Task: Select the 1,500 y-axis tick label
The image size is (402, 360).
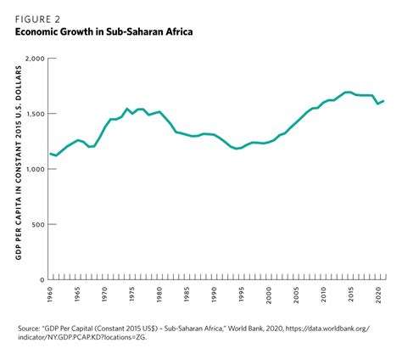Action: pyautogui.click(x=34, y=114)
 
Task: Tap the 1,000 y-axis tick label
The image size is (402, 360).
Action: pyautogui.click(x=34, y=169)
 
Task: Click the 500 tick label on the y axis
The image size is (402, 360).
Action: pyautogui.click(x=37, y=224)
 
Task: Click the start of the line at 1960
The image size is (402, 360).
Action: pyautogui.click(x=50, y=154)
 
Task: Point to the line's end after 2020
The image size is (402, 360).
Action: pyautogui.click(x=385, y=102)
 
